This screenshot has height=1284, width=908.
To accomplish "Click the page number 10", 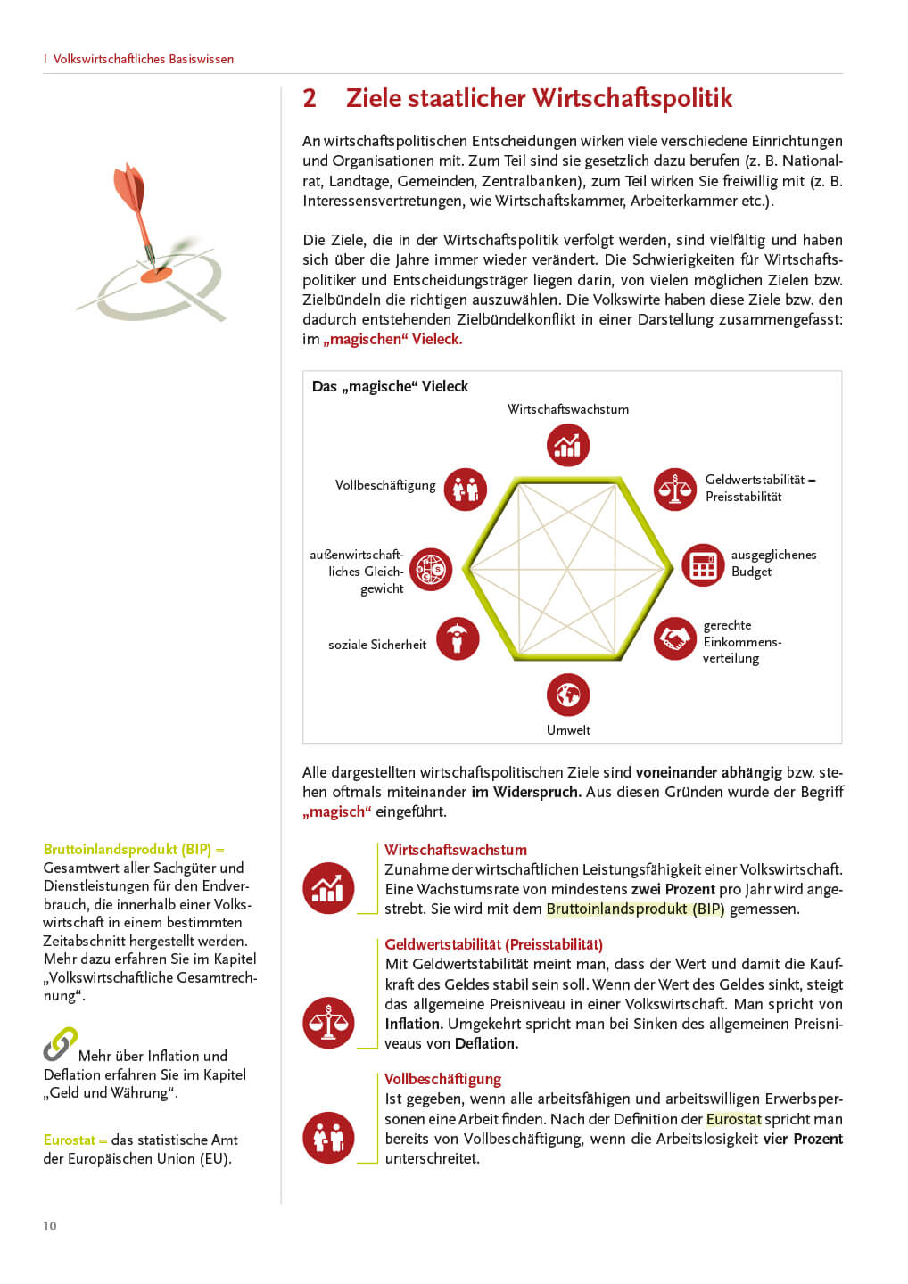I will click(50, 1226).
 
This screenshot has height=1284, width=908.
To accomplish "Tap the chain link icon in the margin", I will click(60, 1044).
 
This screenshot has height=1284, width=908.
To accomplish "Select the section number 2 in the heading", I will click(310, 98).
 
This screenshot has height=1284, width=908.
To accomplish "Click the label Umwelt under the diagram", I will click(568, 730).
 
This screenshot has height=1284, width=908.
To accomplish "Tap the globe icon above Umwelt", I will click(568, 694).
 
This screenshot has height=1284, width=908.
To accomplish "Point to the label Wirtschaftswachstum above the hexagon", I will click(568, 409).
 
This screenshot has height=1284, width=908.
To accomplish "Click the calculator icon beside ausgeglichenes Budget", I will click(703, 565).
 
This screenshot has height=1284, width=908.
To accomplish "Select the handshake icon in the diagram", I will click(674, 638).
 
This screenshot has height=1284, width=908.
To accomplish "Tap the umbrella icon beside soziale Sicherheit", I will click(458, 638).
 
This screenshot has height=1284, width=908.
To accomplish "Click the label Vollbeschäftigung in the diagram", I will click(385, 485).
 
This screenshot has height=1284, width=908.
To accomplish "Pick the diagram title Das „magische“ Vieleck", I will click(390, 386).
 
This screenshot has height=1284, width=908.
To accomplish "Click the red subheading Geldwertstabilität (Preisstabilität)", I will click(493, 944).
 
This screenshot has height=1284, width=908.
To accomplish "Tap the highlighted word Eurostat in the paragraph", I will click(733, 1119).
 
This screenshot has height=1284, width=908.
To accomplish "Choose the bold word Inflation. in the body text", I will click(414, 1024).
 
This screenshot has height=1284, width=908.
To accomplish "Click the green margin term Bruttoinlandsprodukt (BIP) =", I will click(134, 849).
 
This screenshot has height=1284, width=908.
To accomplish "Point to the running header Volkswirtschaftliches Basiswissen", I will click(143, 59).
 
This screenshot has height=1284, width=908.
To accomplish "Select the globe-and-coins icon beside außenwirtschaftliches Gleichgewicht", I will click(431, 569).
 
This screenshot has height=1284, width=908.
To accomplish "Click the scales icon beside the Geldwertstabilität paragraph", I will click(328, 1022).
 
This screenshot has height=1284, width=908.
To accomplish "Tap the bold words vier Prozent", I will click(803, 1139).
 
